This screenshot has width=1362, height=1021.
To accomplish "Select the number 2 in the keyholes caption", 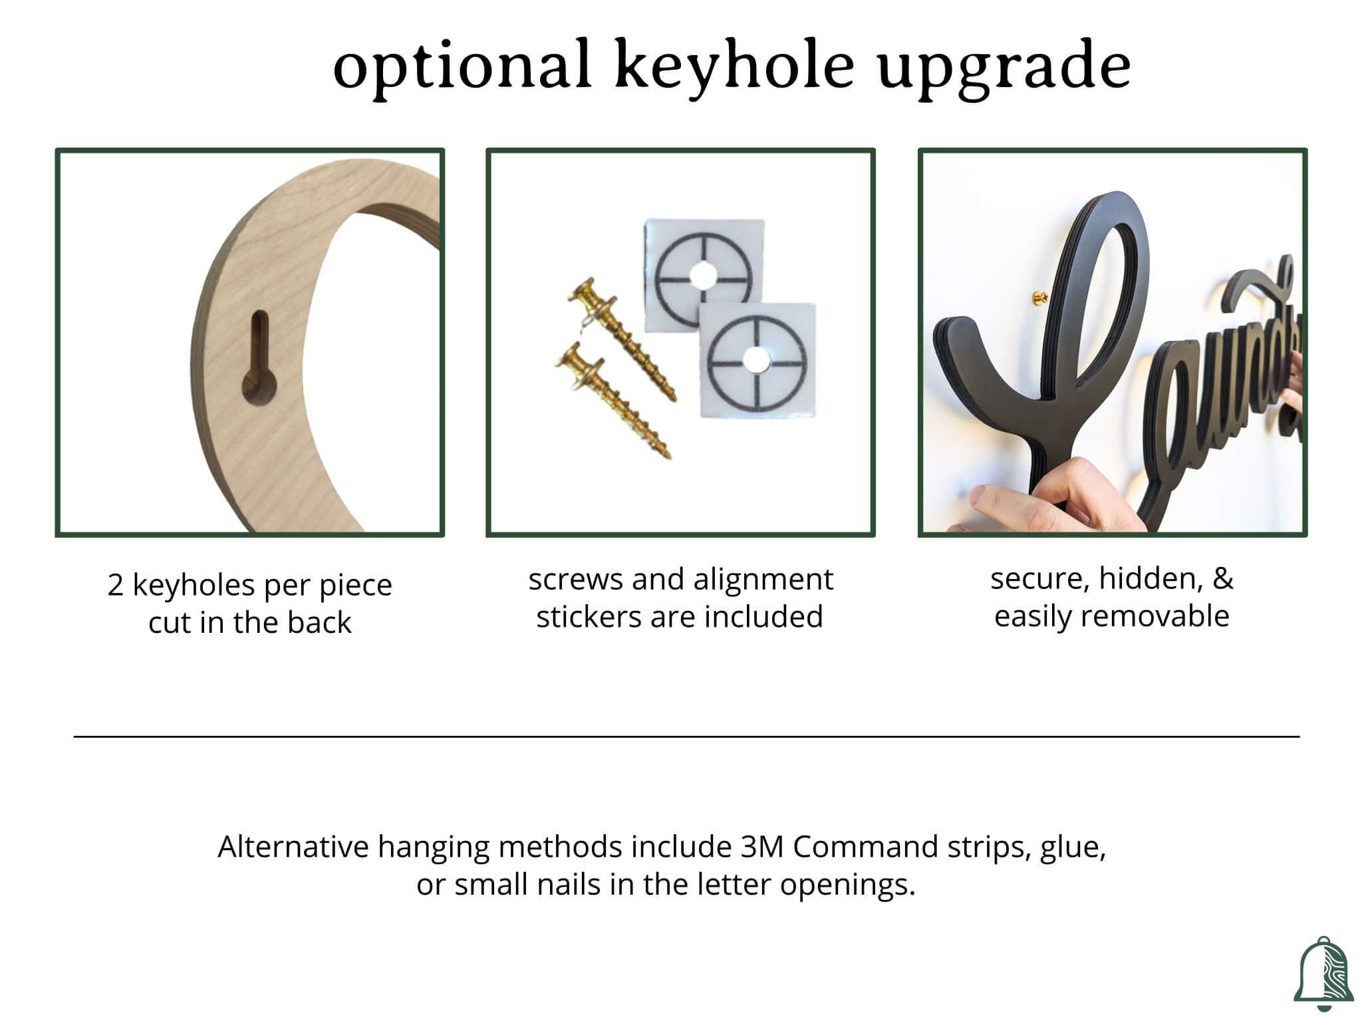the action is pos(115,586).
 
